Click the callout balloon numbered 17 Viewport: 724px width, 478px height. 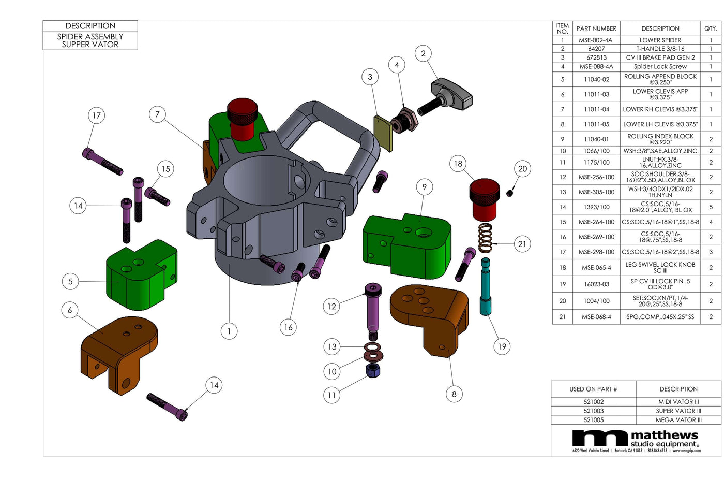(96, 115)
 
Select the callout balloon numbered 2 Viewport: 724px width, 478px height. (423, 53)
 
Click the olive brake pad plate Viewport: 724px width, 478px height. (383, 133)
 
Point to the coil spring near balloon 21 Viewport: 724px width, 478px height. (485, 238)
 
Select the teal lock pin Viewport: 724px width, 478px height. (486, 287)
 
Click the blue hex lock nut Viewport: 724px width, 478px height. (373, 370)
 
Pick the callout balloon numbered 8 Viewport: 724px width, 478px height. (454, 394)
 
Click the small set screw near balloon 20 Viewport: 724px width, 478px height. (509, 193)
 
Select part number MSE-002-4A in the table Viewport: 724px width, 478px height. (596, 40)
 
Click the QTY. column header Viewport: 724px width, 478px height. (711, 28)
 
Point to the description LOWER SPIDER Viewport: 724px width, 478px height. (660, 40)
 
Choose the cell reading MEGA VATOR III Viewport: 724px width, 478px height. (678, 420)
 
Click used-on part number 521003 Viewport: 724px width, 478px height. (594, 411)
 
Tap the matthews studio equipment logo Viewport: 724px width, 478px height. (636, 440)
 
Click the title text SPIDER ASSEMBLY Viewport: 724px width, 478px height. (90, 36)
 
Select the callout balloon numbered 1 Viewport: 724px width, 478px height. (229, 331)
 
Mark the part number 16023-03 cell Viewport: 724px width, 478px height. (596, 284)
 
